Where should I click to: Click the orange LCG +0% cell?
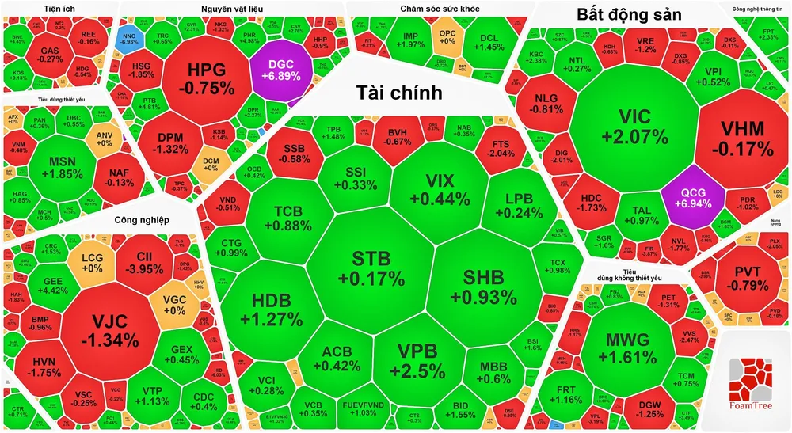coord(92,262)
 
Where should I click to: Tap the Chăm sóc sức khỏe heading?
coord(426,9)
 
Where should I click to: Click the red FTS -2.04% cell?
coord(501,150)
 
